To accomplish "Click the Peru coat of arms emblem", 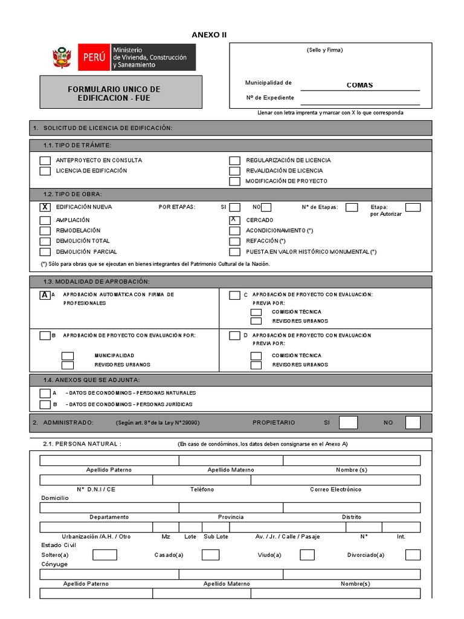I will click(62, 58).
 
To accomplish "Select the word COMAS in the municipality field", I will click(359, 85).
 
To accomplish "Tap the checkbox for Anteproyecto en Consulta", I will click(45, 161).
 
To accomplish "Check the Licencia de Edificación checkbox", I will click(45, 171).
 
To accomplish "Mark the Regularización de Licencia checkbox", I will click(234, 161).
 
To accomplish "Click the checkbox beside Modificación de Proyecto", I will click(234, 181).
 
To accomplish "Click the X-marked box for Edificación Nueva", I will click(45, 207).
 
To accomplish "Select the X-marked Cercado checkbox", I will click(234, 220).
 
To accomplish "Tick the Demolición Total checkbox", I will click(45, 241).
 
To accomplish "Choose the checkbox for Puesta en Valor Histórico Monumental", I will click(234, 252).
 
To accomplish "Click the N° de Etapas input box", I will click(352, 207).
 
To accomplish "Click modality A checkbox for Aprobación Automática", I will click(45, 295).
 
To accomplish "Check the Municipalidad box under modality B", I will click(68, 355).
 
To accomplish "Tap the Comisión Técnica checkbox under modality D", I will click(256, 355).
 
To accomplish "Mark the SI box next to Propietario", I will click(348, 423).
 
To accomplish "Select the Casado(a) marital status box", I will click(210, 555).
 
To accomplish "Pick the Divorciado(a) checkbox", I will click(413, 555).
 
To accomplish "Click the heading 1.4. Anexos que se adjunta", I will click(92, 380).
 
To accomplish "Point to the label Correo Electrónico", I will click(335, 489).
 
